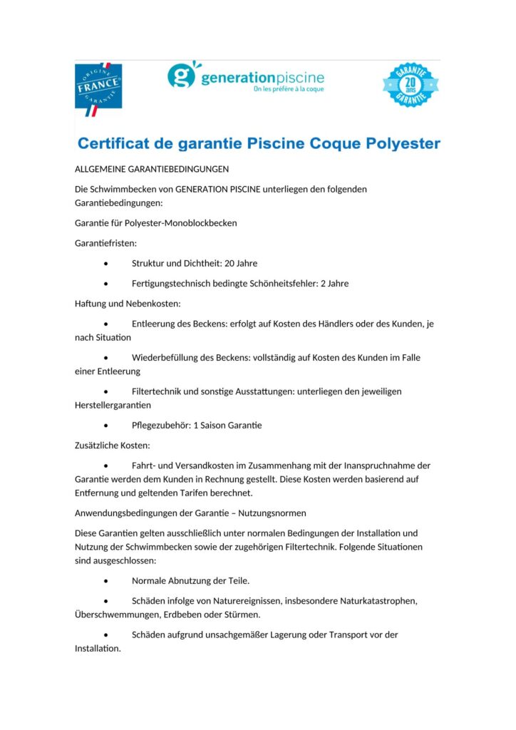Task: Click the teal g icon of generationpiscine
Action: pos(180,75)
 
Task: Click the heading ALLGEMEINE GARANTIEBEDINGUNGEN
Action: pos(152,170)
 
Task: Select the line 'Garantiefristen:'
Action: pos(105,243)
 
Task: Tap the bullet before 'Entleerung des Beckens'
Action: pos(105,324)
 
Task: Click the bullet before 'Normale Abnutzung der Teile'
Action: pos(105,581)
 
